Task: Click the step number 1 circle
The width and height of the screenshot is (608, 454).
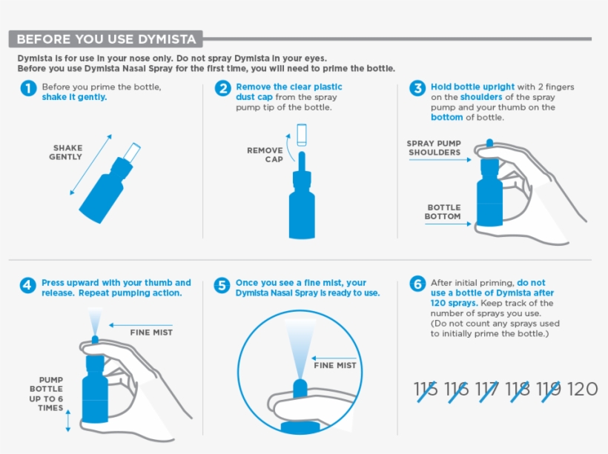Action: click(x=27, y=89)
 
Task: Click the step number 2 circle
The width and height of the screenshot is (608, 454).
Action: click(x=223, y=89)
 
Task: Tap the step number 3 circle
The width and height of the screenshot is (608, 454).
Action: click(x=417, y=89)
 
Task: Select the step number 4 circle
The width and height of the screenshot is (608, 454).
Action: click(x=27, y=285)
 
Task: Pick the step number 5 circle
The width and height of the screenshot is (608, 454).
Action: click(x=222, y=285)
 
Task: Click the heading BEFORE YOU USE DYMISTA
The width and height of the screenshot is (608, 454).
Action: click(x=106, y=39)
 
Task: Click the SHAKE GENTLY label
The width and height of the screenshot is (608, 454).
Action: click(x=66, y=153)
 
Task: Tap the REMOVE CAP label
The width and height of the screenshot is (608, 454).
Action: click(x=265, y=155)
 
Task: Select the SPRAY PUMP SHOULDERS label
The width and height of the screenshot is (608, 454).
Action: click(x=434, y=148)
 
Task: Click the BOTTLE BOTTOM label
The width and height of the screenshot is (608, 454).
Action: click(x=443, y=213)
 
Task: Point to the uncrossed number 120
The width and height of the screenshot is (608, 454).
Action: click(x=582, y=389)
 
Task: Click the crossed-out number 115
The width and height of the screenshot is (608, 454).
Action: click(x=426, y=389)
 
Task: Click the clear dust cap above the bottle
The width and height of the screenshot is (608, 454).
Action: click(x=301, y=134)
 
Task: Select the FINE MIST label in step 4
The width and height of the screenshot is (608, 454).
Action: click(x=151, y=333)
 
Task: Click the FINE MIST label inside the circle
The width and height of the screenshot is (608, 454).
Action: click(x=335, y=365)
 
